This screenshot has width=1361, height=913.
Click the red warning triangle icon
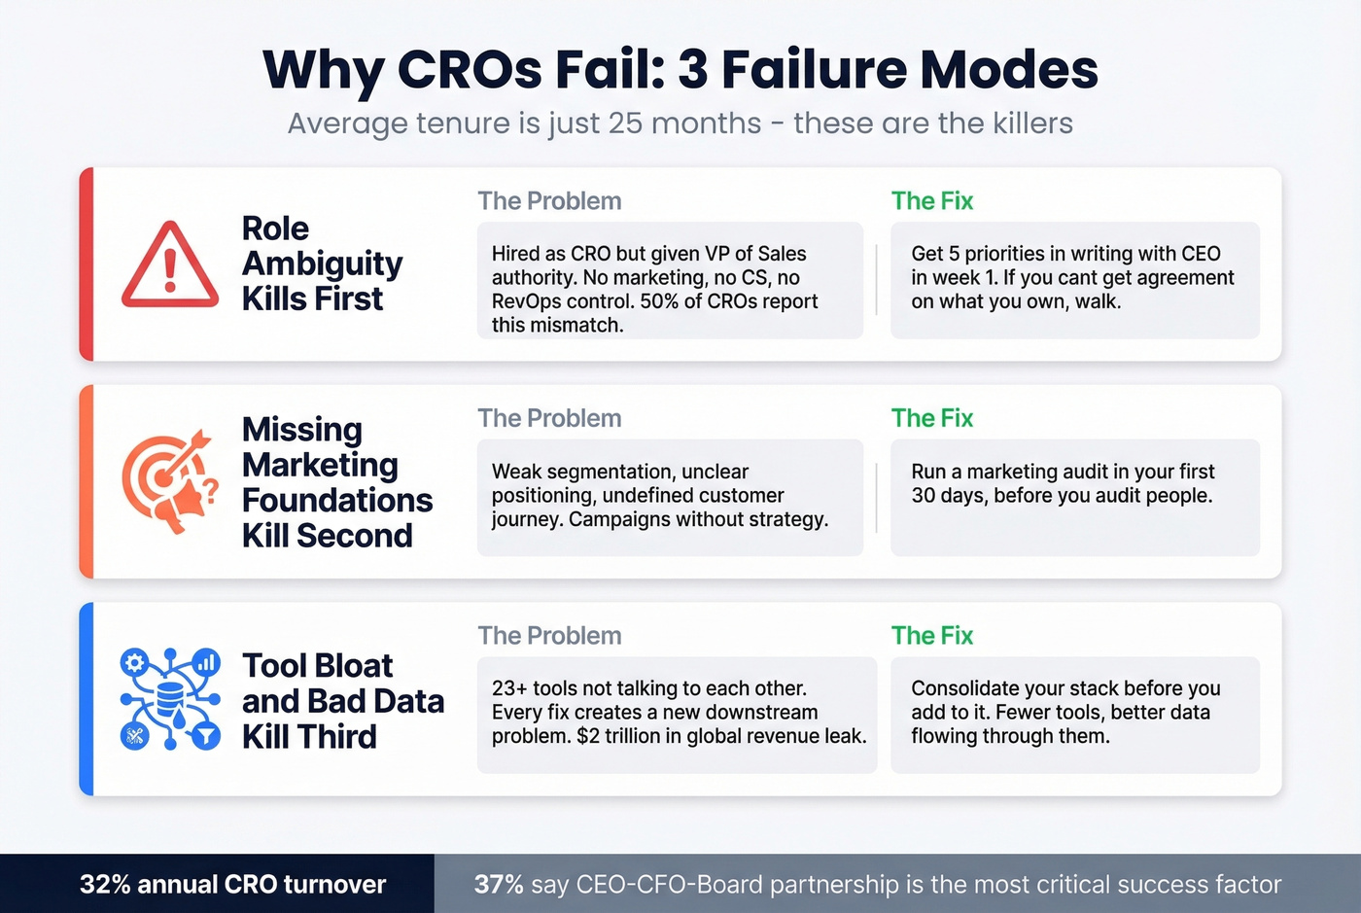tap(170, 265)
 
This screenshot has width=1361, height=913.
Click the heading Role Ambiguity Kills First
tap(321, 263)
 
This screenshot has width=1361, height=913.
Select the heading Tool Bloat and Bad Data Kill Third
tap(342, 701)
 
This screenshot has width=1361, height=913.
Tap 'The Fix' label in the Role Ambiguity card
tap(931, 201)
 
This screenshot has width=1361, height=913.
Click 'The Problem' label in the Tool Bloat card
tap(549, 636)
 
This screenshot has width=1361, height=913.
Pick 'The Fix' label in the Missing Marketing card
tap(931, 418)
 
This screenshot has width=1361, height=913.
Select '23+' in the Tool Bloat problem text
tap(509, 688)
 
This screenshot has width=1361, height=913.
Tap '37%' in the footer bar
tap(499, 885)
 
